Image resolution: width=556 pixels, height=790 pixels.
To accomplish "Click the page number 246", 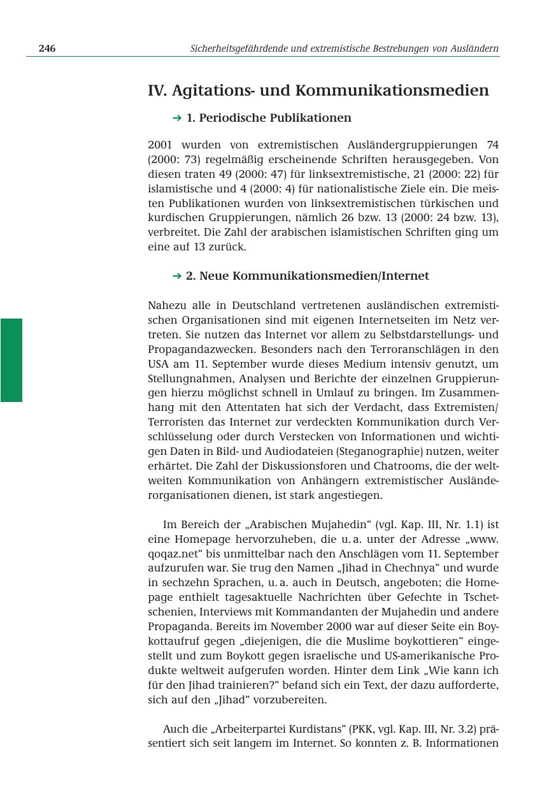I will coord(47,48).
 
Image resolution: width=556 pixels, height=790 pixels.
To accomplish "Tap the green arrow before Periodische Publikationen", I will coord(177,118).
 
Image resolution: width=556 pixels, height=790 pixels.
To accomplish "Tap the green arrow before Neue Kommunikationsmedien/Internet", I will coord(177,276).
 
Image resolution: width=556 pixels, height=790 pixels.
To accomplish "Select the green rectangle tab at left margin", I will coord(11,360).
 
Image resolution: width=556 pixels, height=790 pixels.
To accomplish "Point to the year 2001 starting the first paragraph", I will coord(159,145).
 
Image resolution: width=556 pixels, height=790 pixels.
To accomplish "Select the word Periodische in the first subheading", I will coord(232,118).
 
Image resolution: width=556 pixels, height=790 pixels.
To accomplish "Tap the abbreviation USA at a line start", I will coord(157,364).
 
